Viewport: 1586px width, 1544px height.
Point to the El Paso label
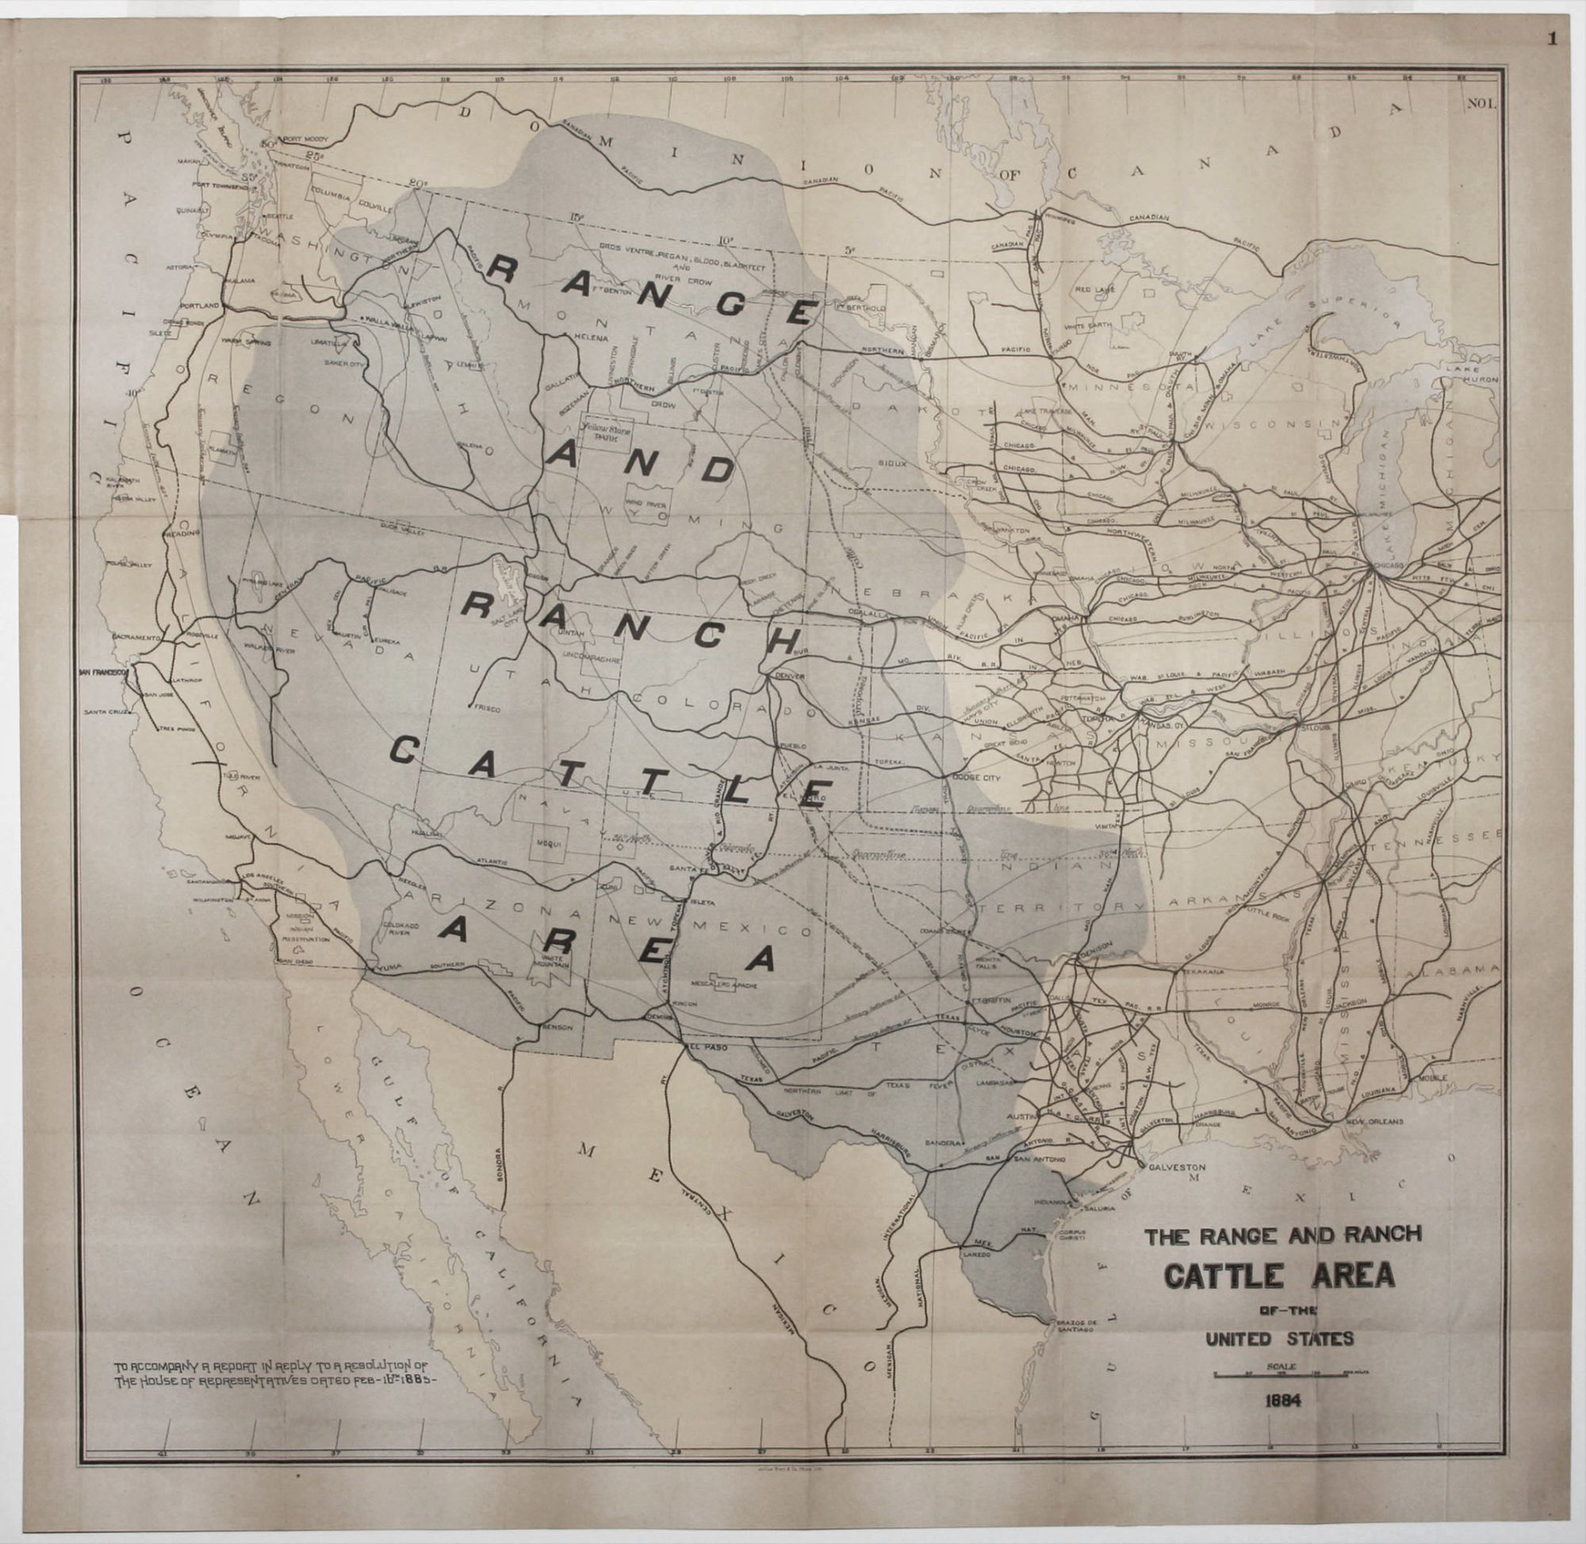click(705, 1047)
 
